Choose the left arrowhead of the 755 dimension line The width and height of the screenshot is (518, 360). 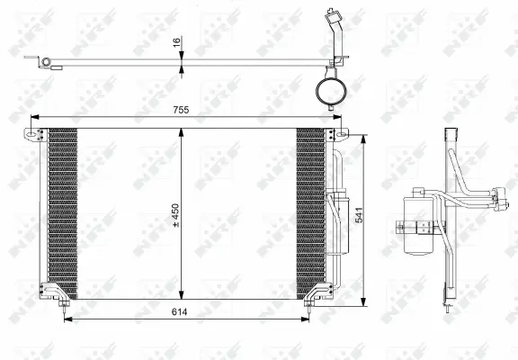(34, 117)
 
